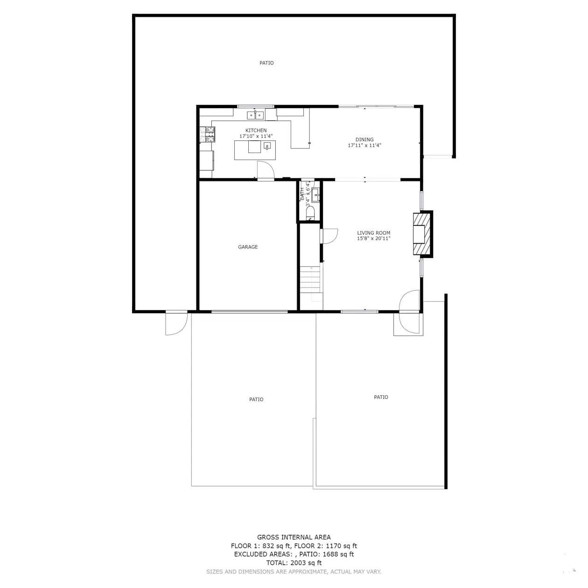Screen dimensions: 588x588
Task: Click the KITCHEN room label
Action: (256, 130)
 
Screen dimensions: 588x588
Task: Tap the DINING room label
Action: (364, 140)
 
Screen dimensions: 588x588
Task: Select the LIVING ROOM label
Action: (373, 233)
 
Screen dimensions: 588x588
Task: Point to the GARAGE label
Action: (248, 247)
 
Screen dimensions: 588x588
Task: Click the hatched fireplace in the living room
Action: (423, 234)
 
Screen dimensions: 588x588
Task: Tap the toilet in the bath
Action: (310, 212)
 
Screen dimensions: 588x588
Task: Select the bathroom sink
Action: (315, 195)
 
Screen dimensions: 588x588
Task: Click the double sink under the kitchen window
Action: (255, 115)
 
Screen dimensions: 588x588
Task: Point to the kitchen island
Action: (255, 150)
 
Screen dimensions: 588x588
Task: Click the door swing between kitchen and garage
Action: (266, 170)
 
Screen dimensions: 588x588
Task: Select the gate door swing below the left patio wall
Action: (176, 323)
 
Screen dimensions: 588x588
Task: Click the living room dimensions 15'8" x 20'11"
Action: (373, 238)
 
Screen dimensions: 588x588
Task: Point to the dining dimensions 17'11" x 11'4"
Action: (364, 145)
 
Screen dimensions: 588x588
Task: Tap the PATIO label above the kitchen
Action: (266, 63)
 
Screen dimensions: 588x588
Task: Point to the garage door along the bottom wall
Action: (249, 312)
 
